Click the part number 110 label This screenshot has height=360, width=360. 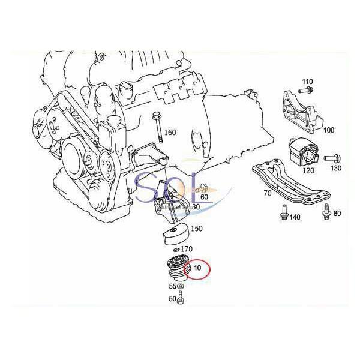(x=308, y=81)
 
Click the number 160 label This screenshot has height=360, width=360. (x=170, y=133)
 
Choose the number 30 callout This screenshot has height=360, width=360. (x=196, y=207)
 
